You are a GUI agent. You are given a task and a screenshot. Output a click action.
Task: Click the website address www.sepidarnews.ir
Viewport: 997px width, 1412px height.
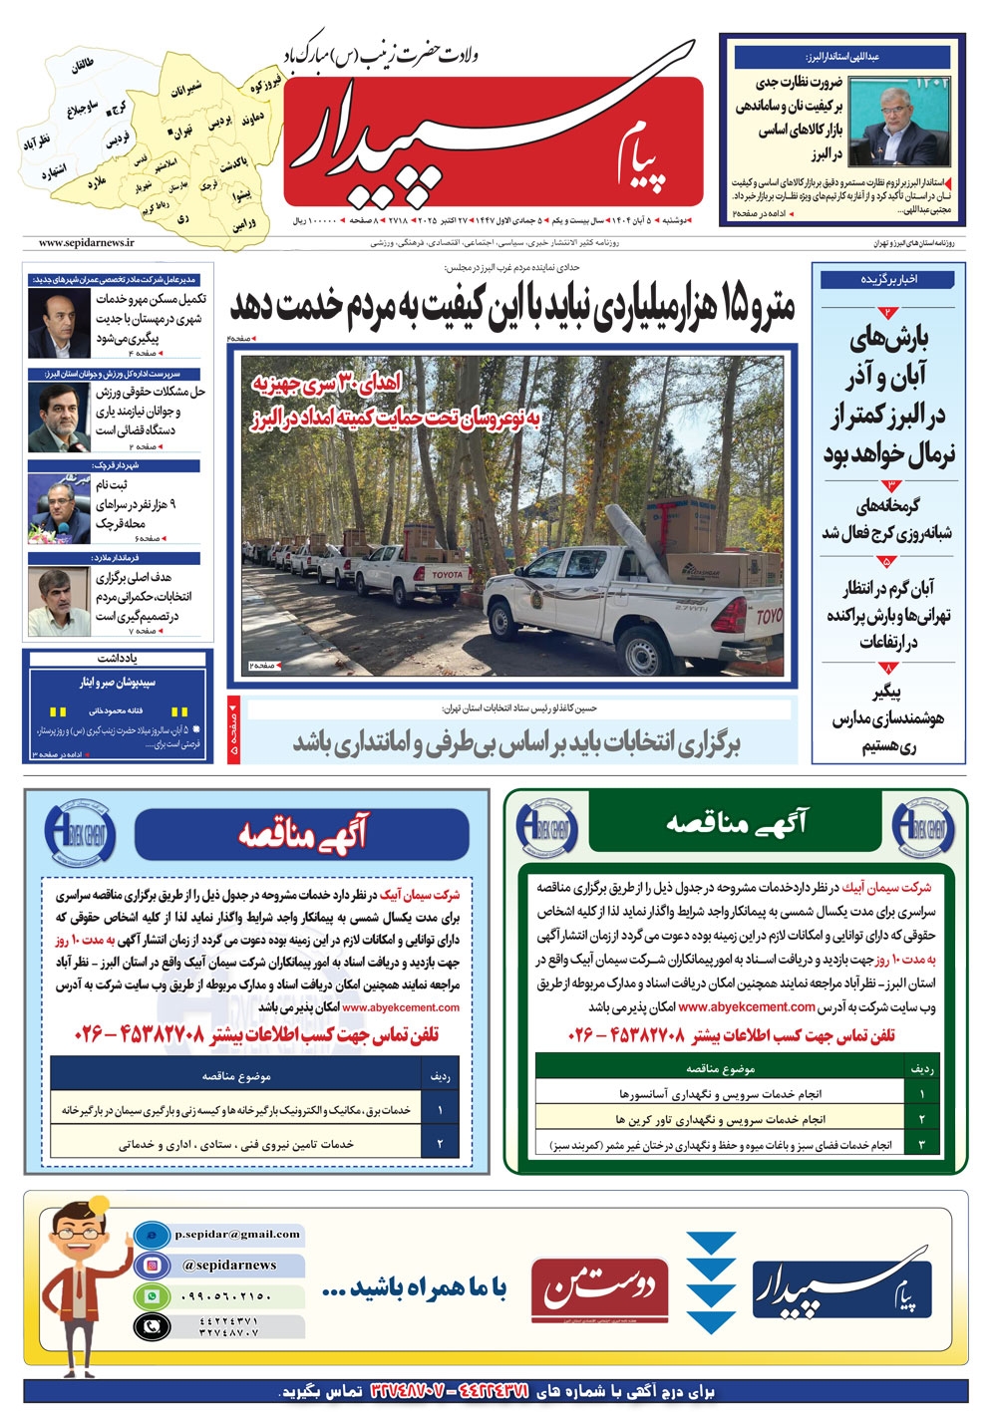click(87, 242)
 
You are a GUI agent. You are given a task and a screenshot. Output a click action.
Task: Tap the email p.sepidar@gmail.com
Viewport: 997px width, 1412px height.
click(237, 1234)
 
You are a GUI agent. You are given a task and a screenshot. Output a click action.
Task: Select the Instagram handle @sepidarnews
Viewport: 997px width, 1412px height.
click(229, 1265)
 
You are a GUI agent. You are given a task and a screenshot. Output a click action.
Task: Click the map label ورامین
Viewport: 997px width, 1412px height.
click(245, 224)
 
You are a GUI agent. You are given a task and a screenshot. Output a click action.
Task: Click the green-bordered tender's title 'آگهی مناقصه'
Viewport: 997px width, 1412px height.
click(736, 823)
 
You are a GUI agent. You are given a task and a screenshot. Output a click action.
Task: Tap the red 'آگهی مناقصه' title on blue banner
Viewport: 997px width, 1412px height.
click(302, 833)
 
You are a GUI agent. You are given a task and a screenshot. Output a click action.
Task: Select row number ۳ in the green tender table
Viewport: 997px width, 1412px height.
click(922, 1145)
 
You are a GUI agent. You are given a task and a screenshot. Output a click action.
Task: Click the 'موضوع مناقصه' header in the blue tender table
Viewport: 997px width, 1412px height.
click(236, 1076)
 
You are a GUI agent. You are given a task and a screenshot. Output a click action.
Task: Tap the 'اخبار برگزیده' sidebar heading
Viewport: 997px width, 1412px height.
click(889, 280)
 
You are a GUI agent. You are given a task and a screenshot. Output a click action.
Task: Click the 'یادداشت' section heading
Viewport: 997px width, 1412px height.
click(118, 659)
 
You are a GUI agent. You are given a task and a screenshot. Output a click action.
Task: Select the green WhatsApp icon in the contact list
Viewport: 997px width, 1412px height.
click(152, 1296)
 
